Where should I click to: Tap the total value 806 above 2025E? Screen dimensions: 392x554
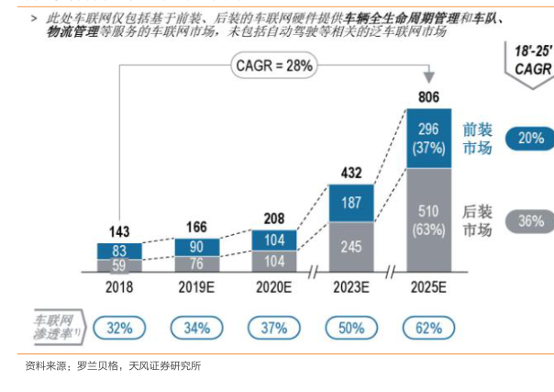point(428,96)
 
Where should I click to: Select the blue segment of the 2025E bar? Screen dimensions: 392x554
point(428,138)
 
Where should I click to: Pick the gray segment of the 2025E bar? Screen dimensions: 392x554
point(428,220)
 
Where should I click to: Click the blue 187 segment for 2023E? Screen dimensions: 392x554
point(351,203)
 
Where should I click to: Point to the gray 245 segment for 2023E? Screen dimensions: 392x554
point(351,247)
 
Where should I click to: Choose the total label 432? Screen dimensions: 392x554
point(351,173)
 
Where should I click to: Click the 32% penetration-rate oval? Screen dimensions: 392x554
point(119,326)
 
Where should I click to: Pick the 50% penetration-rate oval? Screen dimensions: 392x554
point(351,326)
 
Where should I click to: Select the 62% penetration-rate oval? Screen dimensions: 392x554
point(428,326)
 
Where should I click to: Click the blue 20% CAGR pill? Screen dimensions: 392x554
point(529,139)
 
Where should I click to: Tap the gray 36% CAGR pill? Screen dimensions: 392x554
point(529,220)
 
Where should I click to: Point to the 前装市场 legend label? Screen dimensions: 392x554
point(477,139)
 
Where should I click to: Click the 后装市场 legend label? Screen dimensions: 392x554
point(477,220)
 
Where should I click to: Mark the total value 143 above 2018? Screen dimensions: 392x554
point(119,231)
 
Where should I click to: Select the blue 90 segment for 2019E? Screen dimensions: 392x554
point(196,247)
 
